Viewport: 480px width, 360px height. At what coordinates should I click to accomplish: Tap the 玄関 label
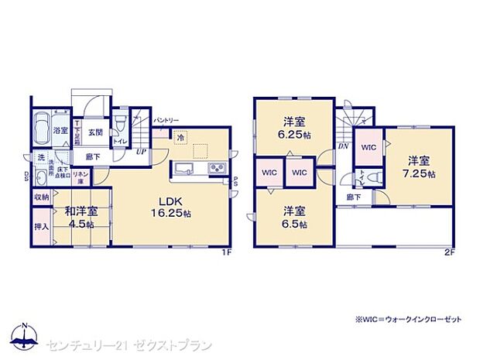(x=95, y=132)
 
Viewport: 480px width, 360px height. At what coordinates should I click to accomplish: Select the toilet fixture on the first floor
(x=121, y=127)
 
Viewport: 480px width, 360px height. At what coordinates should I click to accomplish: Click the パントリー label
(x=166, y=121)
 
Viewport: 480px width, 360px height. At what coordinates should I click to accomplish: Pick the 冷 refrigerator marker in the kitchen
(x=180, y=139)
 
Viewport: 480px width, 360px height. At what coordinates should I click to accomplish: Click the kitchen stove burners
(x=217, y=169)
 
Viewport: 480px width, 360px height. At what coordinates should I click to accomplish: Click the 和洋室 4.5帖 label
(x=81, y=217)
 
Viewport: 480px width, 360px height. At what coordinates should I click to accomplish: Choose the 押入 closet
(x=42, y=227)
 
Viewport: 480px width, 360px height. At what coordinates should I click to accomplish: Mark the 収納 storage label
(x=42, y=197)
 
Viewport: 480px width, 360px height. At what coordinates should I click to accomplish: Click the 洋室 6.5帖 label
(x=293, y=217)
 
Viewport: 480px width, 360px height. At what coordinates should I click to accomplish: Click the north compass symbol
(x=26, y=334)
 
